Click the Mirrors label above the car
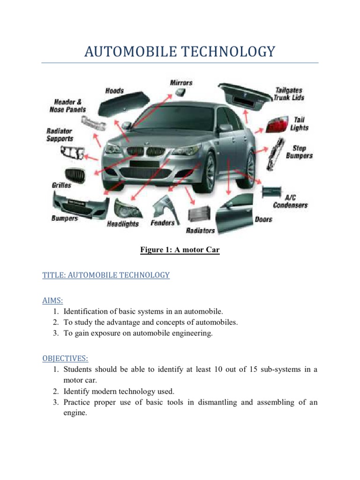pos(180,82)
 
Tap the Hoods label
pos(115,90)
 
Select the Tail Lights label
pos(299,124)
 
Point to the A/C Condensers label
pos(290,201)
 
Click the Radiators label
pos(200,230)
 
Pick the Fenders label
pos(163,223)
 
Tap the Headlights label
pos(123,224)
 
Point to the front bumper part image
pos(80,204)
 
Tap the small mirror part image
pos(180,93)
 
